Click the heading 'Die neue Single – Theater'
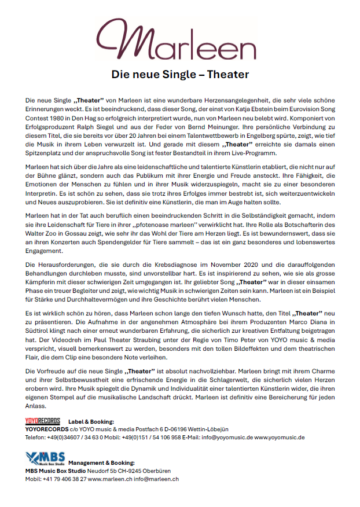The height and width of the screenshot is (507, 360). (x=180, y=75)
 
